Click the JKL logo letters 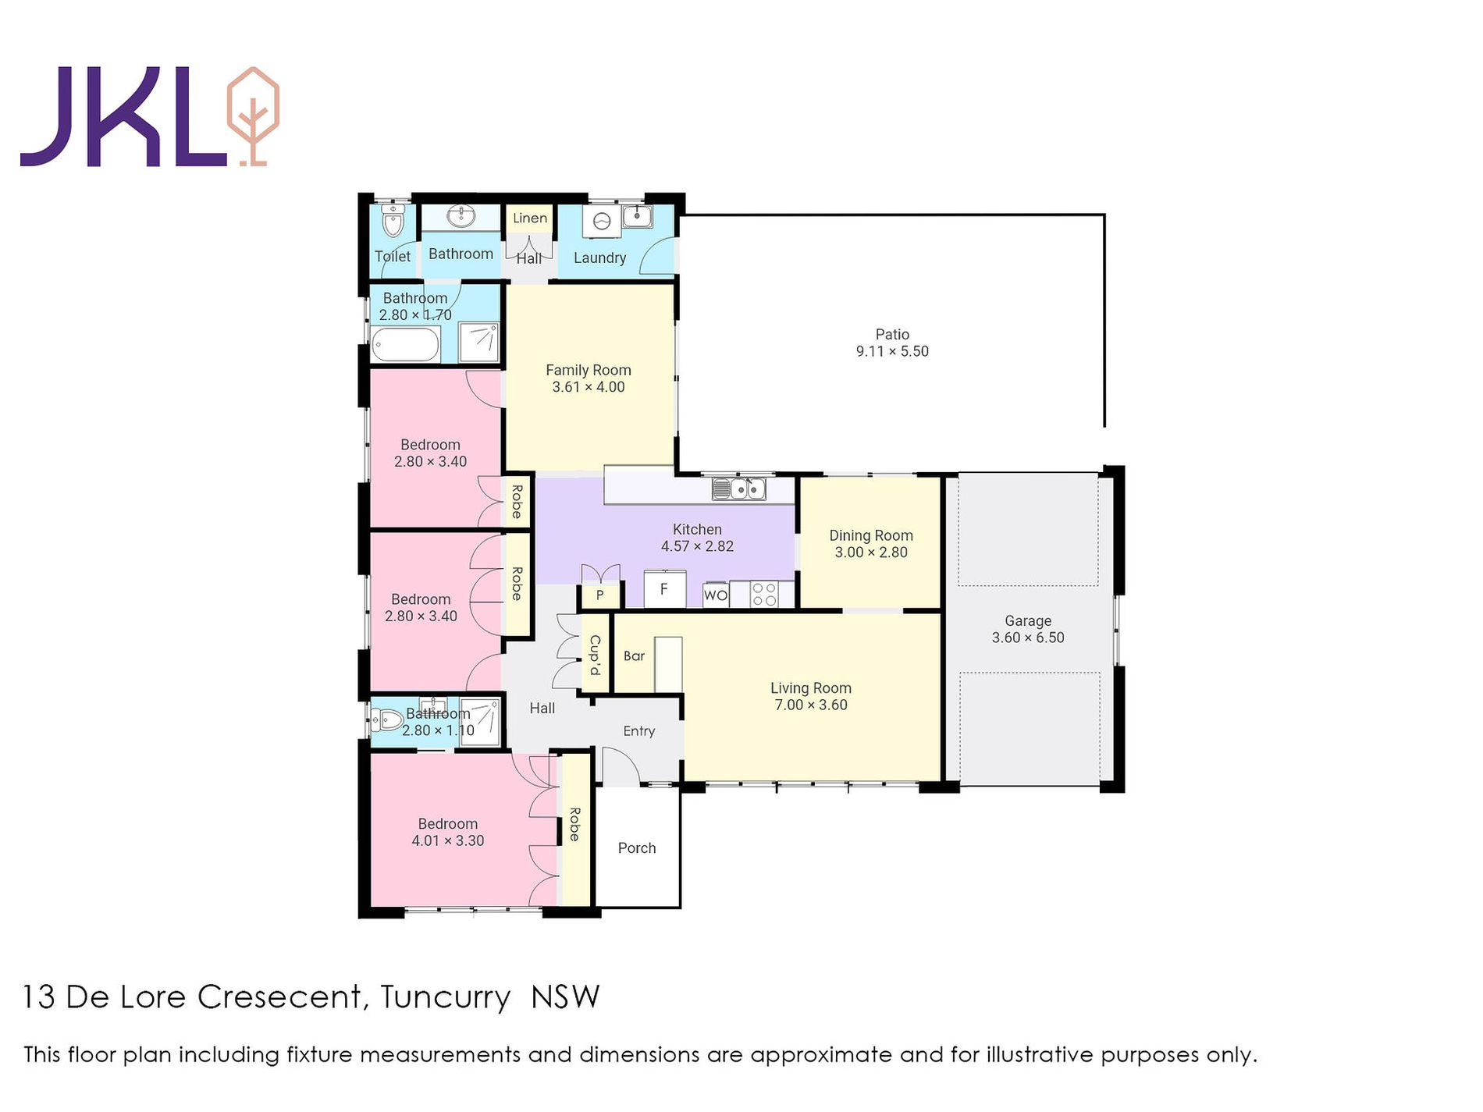pos(125,116)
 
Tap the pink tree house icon pos(252,116)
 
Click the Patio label pos(892,334)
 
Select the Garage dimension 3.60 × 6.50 pos(1028,638)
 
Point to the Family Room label pos(589,370)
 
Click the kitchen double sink pos(738,489)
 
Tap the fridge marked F pos(664,588)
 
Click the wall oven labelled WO pos(716,595)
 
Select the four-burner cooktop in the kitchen pos(764,595)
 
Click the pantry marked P pos(599,595)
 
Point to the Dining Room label pos(871,535)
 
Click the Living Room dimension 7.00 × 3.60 pos(811,705)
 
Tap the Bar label pos(634,656)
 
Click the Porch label pos(637,848)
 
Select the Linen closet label pos(530,218)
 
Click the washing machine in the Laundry pos(601,221)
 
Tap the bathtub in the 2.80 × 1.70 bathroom pos(406,344)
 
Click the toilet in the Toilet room pos(393,221)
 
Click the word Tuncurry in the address pos(446,997)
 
